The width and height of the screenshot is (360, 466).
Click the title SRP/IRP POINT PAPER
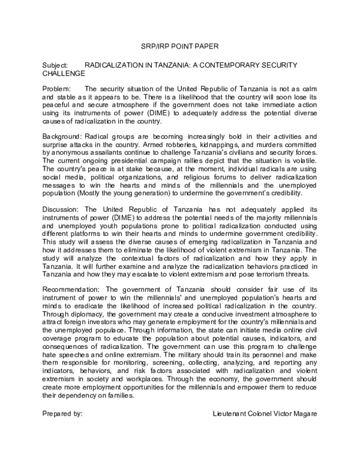[x=180, y=46]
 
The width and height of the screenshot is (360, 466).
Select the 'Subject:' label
[x=55, y=64]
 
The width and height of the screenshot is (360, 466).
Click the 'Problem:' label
[x=56, y=89]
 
